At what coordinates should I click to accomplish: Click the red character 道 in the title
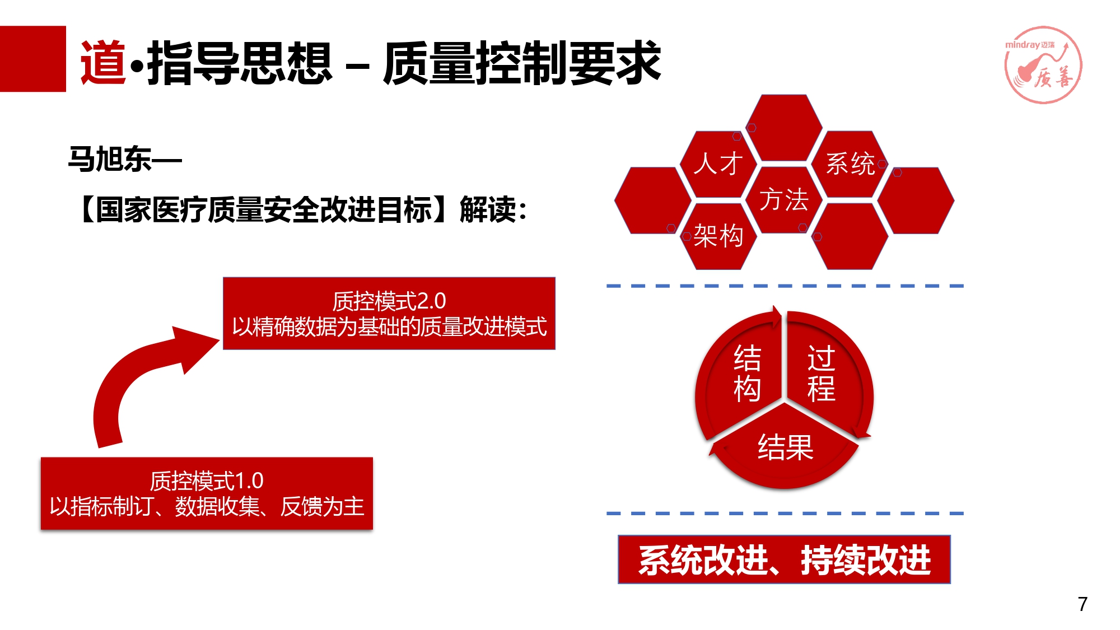(x=104, y=63)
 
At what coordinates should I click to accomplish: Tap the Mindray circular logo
(x=1043, y=65)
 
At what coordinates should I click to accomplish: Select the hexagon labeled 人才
(x=718, y=164)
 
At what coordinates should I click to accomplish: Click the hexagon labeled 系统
(x=850, y=164)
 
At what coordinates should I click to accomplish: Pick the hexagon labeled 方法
(x=784, y=200)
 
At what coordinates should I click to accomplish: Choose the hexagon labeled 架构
(x=718, y=236)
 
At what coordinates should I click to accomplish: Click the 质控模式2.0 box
(x=389, y=314)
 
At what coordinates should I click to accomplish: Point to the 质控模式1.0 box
(x=207, y=493)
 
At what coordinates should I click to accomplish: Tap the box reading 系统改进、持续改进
(x=784, y=559)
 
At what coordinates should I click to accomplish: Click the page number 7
(x=1082, y=604)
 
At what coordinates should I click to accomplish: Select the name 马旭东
(x=110, y=159)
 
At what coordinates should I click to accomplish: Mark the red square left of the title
(x=33, y=59)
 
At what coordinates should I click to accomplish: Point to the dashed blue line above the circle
(x=785, y=286)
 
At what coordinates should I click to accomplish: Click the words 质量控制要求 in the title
(x=522, y=63)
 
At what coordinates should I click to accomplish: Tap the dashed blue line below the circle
(x=785, y=513)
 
